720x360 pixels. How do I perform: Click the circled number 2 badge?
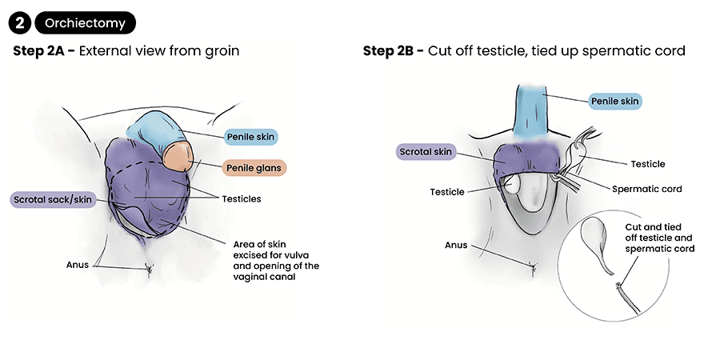[19, 23]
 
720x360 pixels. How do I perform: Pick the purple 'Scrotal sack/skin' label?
[53, 199]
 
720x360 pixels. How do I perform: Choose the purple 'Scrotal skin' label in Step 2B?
[426, 151]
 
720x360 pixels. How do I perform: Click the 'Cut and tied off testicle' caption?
[659, 238]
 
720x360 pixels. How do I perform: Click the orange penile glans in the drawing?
[180, 157]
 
